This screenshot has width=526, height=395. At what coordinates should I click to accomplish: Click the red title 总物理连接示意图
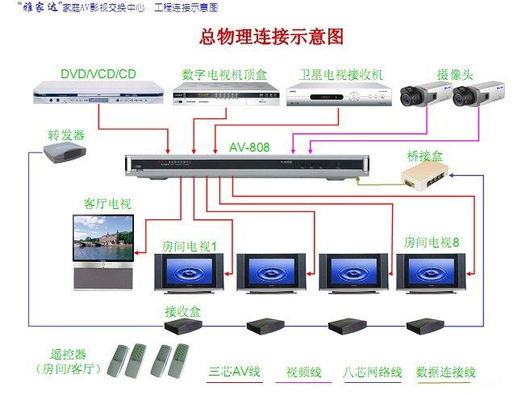271,37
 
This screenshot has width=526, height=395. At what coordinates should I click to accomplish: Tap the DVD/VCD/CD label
98,74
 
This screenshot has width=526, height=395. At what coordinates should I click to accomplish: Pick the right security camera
475,95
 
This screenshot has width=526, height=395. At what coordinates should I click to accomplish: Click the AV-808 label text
249,148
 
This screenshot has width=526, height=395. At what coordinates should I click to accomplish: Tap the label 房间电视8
432,242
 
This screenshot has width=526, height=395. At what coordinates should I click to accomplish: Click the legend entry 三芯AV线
236,372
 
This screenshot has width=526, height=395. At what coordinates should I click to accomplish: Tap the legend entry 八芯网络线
373,372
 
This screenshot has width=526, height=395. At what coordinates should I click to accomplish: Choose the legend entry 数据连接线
445,372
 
